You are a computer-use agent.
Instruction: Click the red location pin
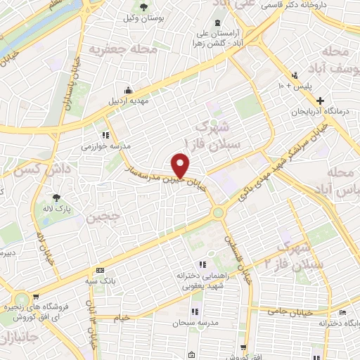[x=181, y=166]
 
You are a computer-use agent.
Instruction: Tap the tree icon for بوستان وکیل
[x=143, y=8]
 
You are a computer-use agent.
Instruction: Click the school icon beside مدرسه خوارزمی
[x=105, y=135]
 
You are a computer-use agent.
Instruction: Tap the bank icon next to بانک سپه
[x=100, y=270]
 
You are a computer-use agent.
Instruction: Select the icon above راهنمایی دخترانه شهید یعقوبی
[x=202, y=264]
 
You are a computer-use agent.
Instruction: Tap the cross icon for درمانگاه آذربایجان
[x=320, y=101]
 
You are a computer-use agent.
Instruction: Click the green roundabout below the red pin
[x=219, y=211]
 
